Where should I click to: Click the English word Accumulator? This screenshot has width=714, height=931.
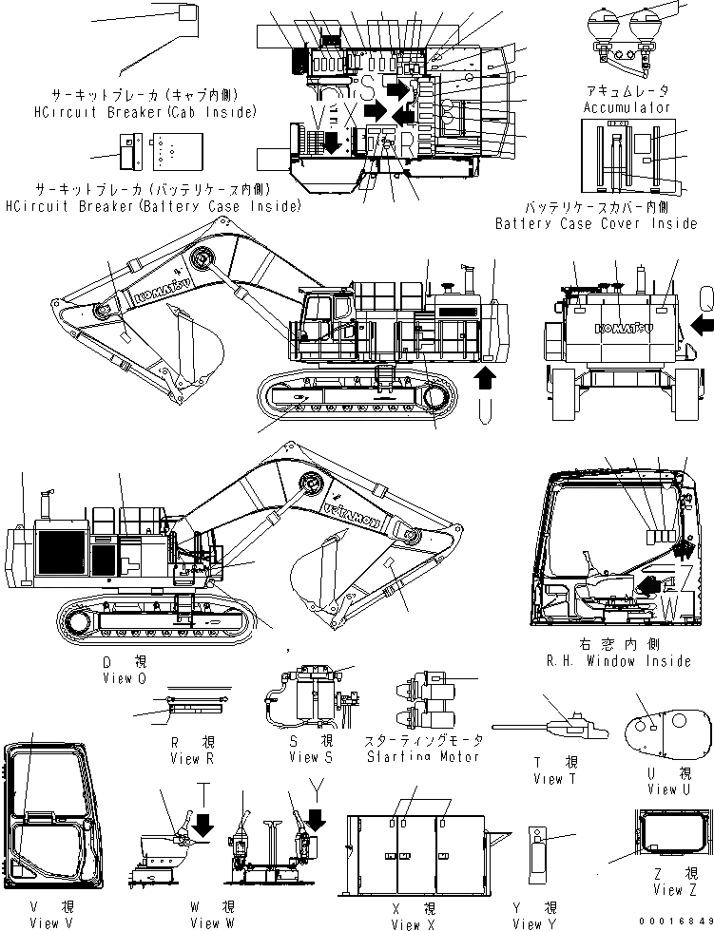tap(627, 107)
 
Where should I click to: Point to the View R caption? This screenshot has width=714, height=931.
tap(184, 758)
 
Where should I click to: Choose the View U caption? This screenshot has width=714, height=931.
tap(663, 788)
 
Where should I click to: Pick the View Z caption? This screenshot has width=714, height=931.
tap(668, 890)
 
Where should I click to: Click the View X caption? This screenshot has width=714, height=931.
tap(406, 923)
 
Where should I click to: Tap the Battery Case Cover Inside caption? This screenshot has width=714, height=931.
tap(595, 224)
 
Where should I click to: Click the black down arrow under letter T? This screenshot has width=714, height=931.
tap(202, 827)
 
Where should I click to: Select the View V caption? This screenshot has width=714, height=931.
tap(44, 922)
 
